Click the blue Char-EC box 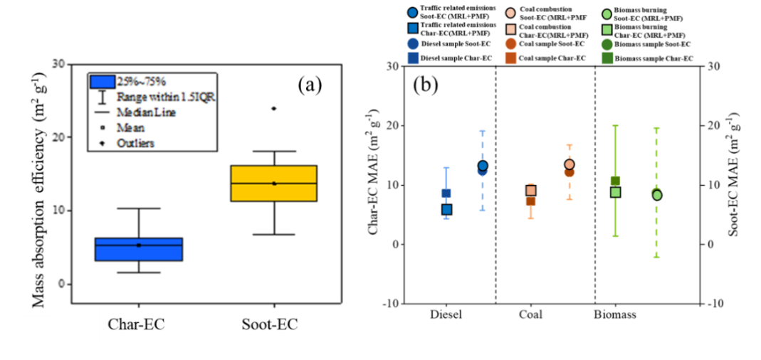(x=139, y=250)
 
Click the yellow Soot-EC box (x=274, y=184)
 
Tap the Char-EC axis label (x=136, y=324)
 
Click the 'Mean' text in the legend (x=131, y=128)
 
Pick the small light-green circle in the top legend (x=607, y=14)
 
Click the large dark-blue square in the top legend (x=413, y=58)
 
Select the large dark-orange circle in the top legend (x=510, y=44)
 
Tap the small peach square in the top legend (x=510, y=29)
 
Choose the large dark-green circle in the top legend (x=607, y=44)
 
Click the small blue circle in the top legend (x=413, y=13)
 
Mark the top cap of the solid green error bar (x=615, y=126)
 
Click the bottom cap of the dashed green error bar (x=656, y=257)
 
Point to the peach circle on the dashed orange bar (x=570, y=164)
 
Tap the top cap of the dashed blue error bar (x=483, y=132)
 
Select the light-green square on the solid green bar (x=615, y=192)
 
